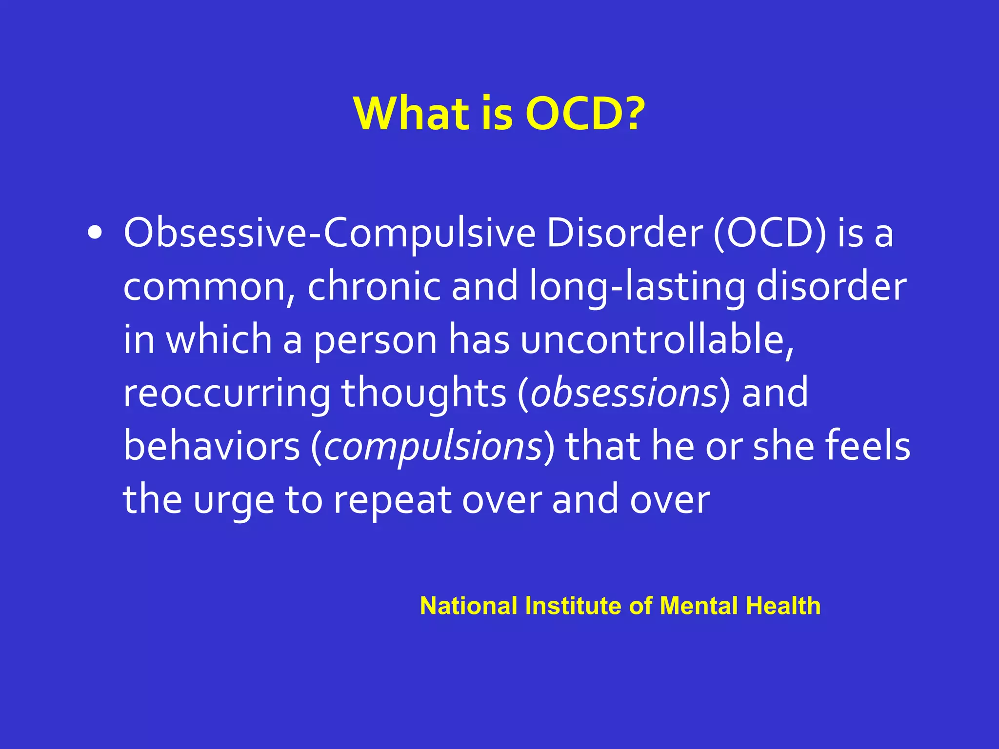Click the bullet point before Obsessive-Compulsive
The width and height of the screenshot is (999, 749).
(x=95, y=234)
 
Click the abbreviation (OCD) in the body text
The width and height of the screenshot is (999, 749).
(x=770, y=234)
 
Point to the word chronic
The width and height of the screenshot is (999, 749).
(x=374, y=287)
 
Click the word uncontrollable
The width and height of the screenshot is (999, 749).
(x=657, y=340)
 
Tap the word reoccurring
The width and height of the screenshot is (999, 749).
(x=226, y=393)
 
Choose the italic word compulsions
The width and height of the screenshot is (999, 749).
(x=433, y=446)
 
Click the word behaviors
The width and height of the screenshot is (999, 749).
(x=211, y=446)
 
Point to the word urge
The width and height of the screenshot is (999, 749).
(x=234, y=501)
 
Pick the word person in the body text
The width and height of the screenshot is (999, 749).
(x=375, y=340)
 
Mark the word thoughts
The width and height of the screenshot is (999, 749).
(x=423, y=393)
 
